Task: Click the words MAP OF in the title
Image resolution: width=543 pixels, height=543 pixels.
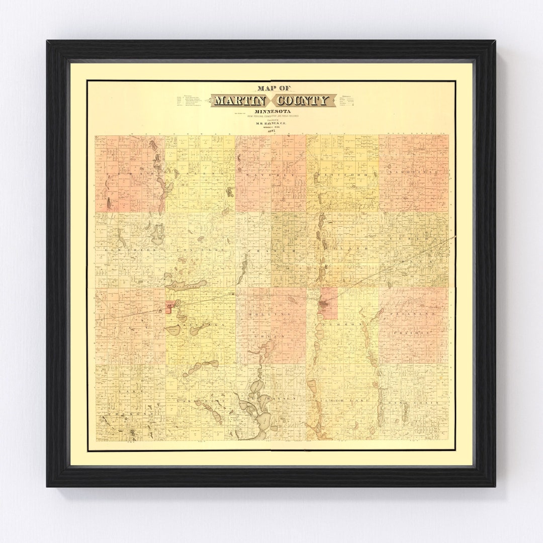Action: tap(271, 86)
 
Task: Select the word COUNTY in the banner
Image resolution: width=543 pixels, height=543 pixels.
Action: tap(306, 101)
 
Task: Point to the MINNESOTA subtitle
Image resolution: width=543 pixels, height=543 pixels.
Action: tap(271, 112)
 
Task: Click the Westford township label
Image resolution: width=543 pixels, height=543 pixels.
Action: tap(342, 174)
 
